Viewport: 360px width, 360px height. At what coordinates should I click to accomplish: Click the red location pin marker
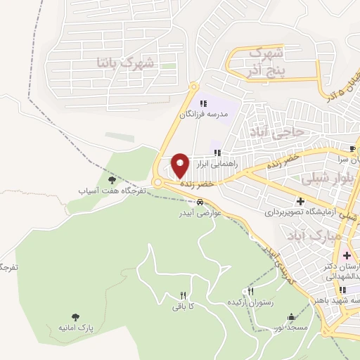pyautogui.click(x=180, y=166)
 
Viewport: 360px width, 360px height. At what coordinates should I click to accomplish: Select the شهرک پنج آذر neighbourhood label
pyautogui.click(x=266, y=61)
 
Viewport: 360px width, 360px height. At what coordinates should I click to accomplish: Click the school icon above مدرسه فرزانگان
pyautogui.click(x=203, y=103)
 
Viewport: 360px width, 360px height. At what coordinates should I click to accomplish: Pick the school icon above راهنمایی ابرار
pyautogui.click(x=218, y=152)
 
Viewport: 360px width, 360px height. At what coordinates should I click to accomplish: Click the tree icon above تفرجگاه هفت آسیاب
pyautogui.click(x=112, y=181)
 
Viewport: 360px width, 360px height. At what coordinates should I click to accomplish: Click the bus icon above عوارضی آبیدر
pyautogui.click(x=200, y=202)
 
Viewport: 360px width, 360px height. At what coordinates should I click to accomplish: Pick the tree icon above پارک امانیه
pyautogui.click(x=75, y=318)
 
